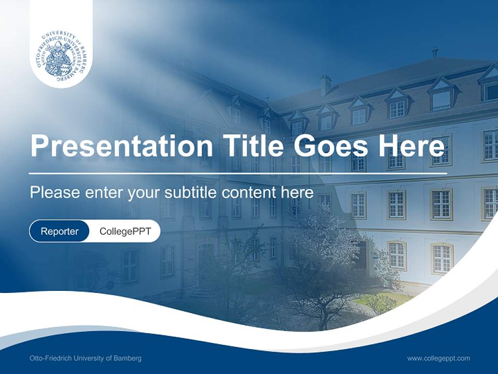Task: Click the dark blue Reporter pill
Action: (x=59, y=231)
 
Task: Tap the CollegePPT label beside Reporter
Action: (x=125, y=231)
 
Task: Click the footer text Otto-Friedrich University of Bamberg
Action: (x=86, y=358)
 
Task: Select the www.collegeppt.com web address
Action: (x=438, y=358)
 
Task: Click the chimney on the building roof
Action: (x=325, y=85)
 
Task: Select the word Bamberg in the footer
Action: (x=128, y=358)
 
